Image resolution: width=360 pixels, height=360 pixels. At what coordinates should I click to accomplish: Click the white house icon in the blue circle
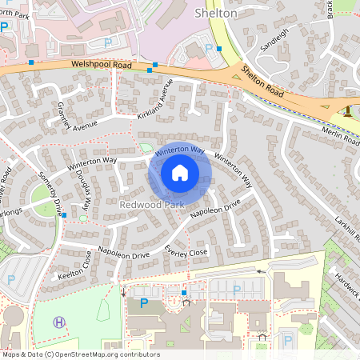click(179, 172)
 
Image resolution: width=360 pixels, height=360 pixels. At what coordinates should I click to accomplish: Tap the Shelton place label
click(216, 13)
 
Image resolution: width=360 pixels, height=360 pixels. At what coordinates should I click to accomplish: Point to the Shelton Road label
click(265, 82)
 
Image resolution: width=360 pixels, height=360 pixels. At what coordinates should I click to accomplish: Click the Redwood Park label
click(151, 205)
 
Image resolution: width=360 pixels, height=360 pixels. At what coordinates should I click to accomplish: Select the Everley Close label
click(186, 251)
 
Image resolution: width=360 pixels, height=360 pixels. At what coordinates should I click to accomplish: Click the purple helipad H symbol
click(58, 322)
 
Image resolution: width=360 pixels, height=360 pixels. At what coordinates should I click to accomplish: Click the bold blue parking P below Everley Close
click(144, 303)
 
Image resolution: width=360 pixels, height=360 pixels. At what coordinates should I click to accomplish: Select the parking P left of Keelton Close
click(10, 279)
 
